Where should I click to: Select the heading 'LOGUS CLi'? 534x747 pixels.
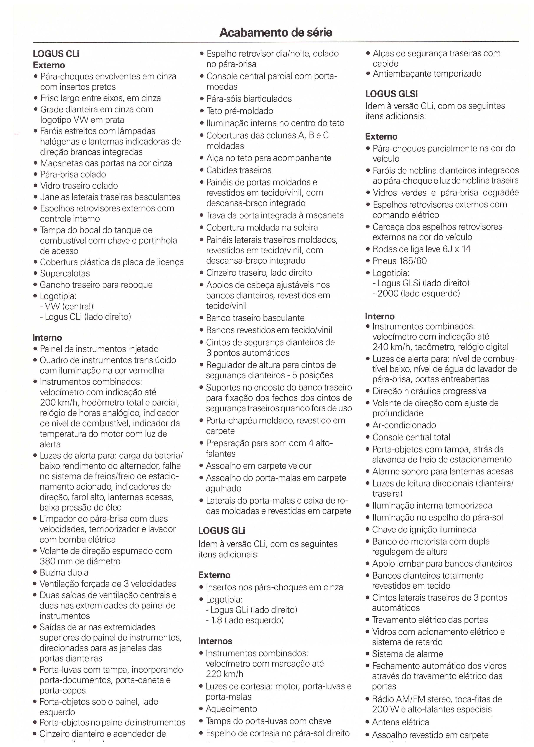click(x=56, y=54)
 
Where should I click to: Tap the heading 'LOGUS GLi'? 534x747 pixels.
click(x=222, y=531)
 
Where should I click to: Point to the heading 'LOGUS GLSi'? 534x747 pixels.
click(x=391, y=94)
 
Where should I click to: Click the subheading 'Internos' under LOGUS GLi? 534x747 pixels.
click(x=215, y=641)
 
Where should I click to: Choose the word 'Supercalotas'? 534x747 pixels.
click(x=65, y=273)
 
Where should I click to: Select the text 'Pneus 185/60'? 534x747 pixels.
click(x=399, y=261)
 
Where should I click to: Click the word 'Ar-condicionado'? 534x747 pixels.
click(x=404, y=425)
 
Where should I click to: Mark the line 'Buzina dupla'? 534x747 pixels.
click(x=64, y=573)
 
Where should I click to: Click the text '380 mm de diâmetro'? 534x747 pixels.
click(x=80, y=561)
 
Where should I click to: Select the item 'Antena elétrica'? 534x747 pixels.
click(x=400, y=722)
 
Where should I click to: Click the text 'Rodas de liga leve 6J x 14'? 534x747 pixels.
click(x=421, y=249)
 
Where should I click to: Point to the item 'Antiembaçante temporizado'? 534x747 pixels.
click(x=427, y=74)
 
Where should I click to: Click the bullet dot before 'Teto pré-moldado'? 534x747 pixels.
click(x=202, y=111)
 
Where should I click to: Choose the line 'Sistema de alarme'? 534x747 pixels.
click(x=407, y=654)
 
